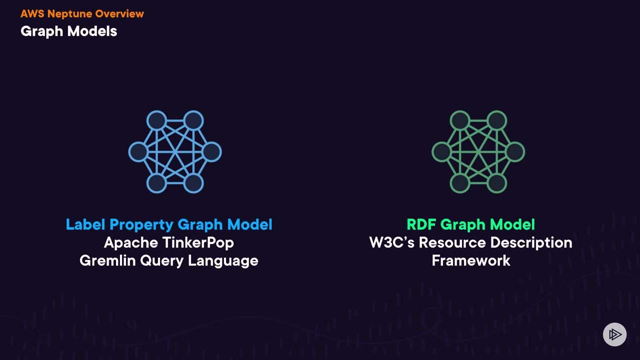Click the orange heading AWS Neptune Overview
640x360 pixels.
coord(82,14)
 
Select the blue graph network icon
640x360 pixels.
coord(175,152)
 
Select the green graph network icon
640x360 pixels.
coord(478,152)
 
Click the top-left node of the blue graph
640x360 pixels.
coord(156,120)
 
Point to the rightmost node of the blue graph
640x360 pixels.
coord(212,152)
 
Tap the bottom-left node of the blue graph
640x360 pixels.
coord(156,183)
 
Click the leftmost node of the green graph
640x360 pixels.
coord(441,152)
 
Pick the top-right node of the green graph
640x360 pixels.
coord(496,120)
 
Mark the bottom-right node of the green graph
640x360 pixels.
coord(496,183)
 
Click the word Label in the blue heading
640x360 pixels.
coord(85,225)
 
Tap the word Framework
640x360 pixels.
coord(471,261)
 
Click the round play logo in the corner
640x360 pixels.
coord(614,334)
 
